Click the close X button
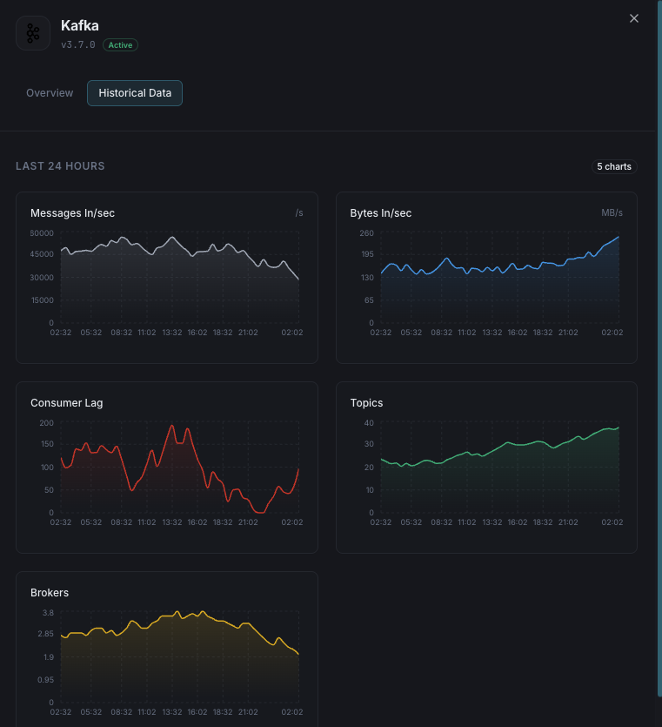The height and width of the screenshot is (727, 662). tap(634, 18)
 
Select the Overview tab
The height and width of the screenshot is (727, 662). tap(50, 93)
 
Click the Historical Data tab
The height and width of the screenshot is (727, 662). tap(135, 93)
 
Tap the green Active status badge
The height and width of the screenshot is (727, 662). tap(120, 44)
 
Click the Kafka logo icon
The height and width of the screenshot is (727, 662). tap(33, 33)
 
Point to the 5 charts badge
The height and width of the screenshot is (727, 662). tap(614, 166)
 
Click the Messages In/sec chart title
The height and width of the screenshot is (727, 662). tap(72, 213)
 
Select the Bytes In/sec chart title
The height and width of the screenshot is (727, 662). tap(380, 213)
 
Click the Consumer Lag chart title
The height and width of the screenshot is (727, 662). tap(66, 403)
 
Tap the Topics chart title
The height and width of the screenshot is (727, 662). tap(366, 403)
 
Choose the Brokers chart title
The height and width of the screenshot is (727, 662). tap(50, 593)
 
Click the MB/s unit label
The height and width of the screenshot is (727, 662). tap(612, 213)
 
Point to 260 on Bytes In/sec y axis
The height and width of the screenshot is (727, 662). tap(366, 232)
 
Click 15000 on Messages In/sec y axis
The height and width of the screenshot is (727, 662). tap(42, 300)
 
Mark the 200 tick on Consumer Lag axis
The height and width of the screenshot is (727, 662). tap(46, 422)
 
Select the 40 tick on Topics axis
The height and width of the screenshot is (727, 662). tap(369, 422)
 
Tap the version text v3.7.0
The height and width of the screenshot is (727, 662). tap(78, 44)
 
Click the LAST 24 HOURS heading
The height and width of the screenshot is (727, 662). tap(60, 166)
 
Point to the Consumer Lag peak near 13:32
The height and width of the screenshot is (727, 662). tap(172, 426)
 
